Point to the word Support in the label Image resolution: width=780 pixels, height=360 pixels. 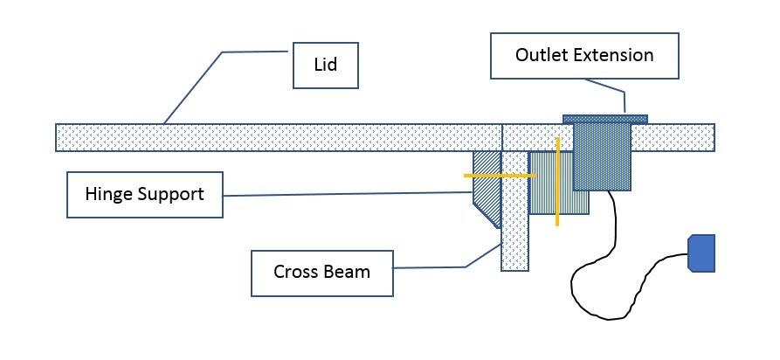[173, 193]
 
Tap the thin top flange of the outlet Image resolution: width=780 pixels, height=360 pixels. [604, 118]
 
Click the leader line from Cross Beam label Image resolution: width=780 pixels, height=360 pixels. [480, 253]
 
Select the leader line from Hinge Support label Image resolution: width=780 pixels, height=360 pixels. [349, 194]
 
